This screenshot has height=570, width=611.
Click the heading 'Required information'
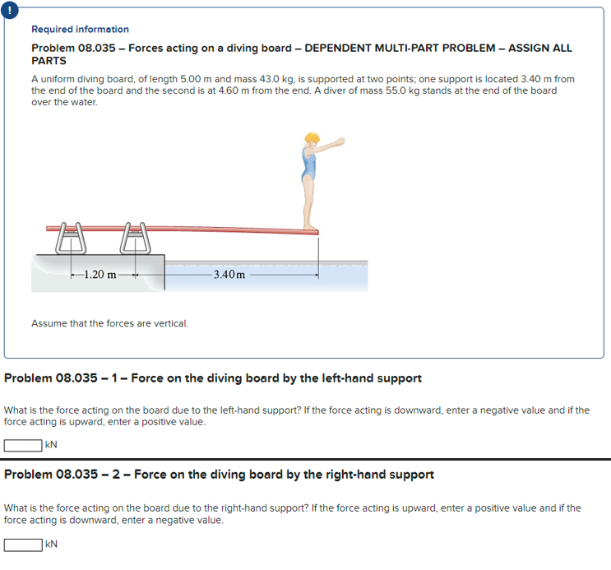[80, 30]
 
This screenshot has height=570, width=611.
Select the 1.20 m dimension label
[100, 274]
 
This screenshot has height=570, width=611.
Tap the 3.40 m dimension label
[229, 274]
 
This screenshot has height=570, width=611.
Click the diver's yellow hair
[312, 138]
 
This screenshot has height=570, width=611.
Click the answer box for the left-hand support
[23, 445]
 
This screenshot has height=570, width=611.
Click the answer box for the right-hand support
[23, 544]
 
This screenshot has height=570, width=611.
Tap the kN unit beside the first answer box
[51, 445]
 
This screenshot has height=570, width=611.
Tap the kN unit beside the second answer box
[51, 544]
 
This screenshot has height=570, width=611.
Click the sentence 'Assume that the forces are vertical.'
[109, 323]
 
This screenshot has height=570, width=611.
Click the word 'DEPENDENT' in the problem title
[342, 49]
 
